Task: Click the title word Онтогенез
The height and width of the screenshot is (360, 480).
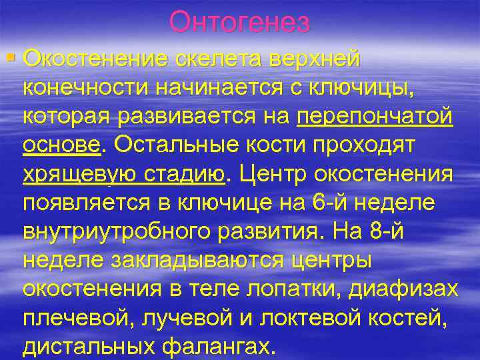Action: click(239, 23)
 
